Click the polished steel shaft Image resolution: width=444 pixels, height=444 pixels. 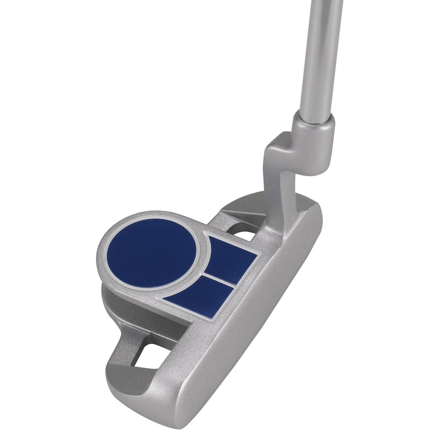tap(320, 53)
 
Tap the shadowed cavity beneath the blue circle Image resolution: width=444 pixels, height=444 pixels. tap(129, 306)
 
